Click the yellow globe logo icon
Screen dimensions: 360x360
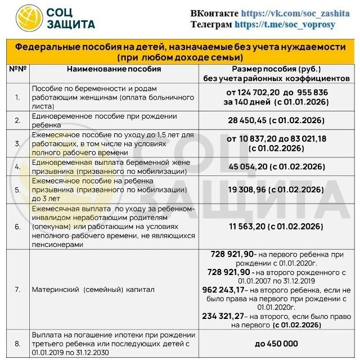(x=29, y=17)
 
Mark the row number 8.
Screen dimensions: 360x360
(x=17, y=343)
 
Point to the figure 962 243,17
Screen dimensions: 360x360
(x=231, y=289)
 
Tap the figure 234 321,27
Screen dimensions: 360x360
(x=231, y=317)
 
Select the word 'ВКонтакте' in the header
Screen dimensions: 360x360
(x=214, y=13)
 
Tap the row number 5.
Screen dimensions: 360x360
(x=17, y=190)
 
